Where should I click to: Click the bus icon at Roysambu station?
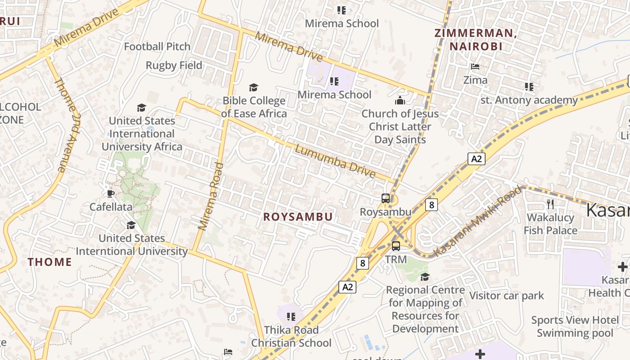coord(386,198)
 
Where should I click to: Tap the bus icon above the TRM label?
coord(396,246)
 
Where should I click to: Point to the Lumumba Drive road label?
coord(335,160)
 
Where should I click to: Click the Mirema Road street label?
coord(211,197)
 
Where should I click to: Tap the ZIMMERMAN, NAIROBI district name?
coord(476,39)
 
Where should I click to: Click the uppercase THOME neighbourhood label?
coord(50,262)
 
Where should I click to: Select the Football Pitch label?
coord(157,46)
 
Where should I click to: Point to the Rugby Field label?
coord(174,65)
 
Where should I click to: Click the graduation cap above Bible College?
coord(254,87)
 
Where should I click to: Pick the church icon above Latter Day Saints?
coord(400,100)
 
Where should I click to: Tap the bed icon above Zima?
coord(475,67)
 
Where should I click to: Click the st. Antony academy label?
coord(529,100)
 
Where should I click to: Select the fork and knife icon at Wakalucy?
coord(550,204)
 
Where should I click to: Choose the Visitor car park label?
coord(507,296)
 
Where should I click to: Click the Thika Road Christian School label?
coord(291,336)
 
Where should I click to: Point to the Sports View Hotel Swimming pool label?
coord(575,326)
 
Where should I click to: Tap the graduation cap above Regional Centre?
coord(425,277)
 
